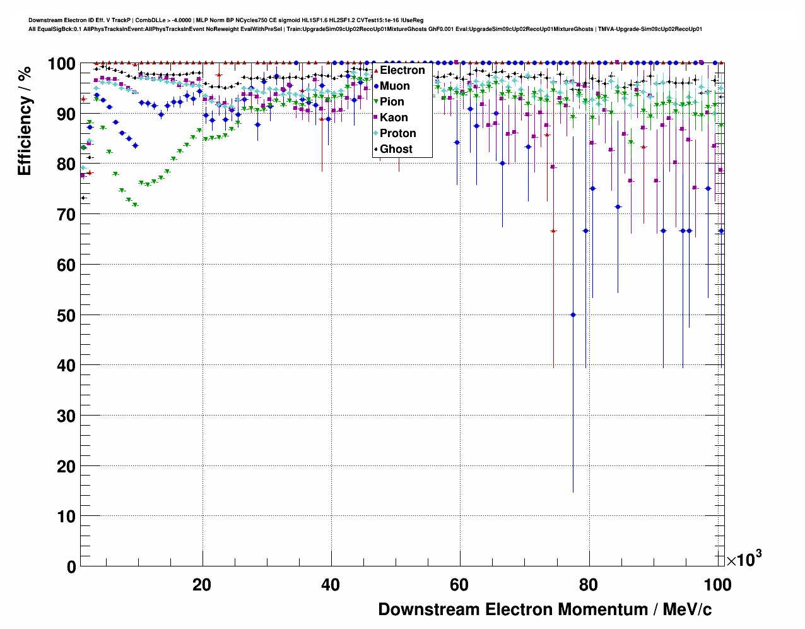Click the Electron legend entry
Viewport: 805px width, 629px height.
click(x=402, y=70)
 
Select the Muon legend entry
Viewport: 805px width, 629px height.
click(x=394, y=86)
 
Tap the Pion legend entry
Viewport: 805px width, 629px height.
click(x=392, y=102)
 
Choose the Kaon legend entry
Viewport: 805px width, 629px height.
click(x=394, y=117)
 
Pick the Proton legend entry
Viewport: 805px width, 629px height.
click(x=397, y=133)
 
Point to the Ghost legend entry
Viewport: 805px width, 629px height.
click(x=396, y=149)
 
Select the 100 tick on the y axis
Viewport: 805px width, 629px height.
click(x=61, y=64)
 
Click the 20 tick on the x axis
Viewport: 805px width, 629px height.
click(x=202, y=585)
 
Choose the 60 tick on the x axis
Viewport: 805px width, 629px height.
click(x=459, y=585)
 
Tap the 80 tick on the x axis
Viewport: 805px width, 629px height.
click(x=588, y=585)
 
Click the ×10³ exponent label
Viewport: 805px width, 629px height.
click(x=744, y=559)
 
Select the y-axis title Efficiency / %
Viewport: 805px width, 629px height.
click(x=25, y=121)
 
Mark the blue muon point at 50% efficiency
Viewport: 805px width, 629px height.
click(x=573, y=314)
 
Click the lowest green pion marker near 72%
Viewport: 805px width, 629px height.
click(x=135, y=205)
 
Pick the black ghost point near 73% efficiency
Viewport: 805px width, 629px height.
click(x=83, y=198)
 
